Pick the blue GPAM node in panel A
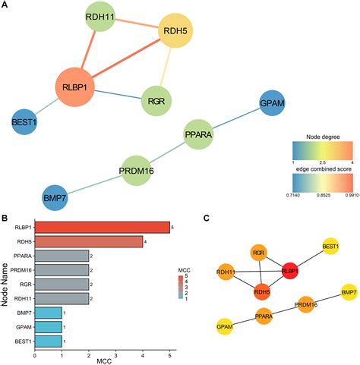pos(273,104)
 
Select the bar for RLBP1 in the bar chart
pos(102,227)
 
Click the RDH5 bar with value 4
pos(88,241)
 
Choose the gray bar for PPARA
pos(62,256)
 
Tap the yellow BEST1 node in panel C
pos(330,247)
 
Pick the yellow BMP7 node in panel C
pos(349,292)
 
